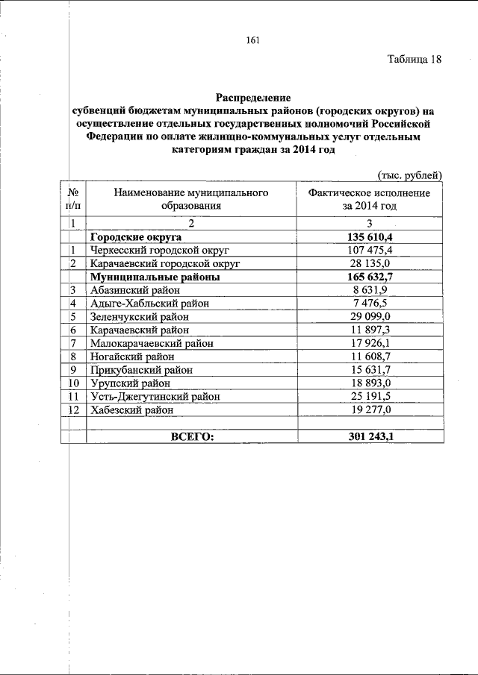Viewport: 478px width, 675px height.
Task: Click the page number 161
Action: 252,40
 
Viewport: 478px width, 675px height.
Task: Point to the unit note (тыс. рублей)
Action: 410,175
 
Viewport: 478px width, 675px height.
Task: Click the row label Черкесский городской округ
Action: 159,250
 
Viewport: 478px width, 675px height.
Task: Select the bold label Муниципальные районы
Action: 155,276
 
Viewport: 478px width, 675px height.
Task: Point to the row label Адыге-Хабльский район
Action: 149,303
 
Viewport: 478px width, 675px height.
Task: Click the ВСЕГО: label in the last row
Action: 192,436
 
